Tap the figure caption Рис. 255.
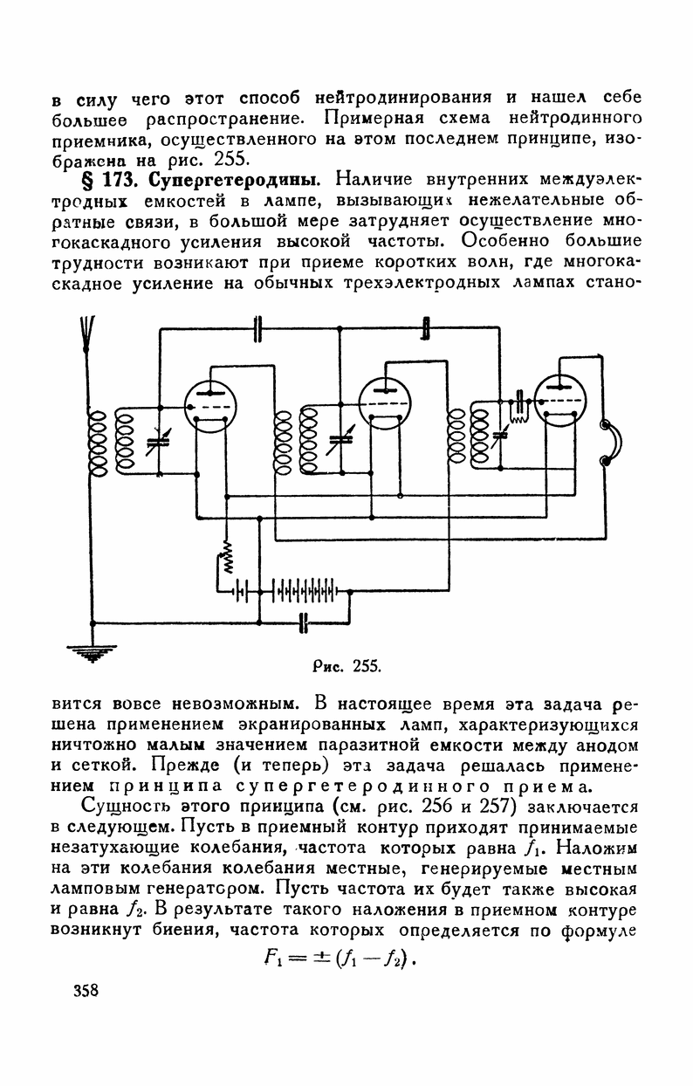[346, 666]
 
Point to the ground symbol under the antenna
[92, 651]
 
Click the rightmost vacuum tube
[559, 400]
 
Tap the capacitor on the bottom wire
[304, 622]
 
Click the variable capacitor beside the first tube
[157, 443]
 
